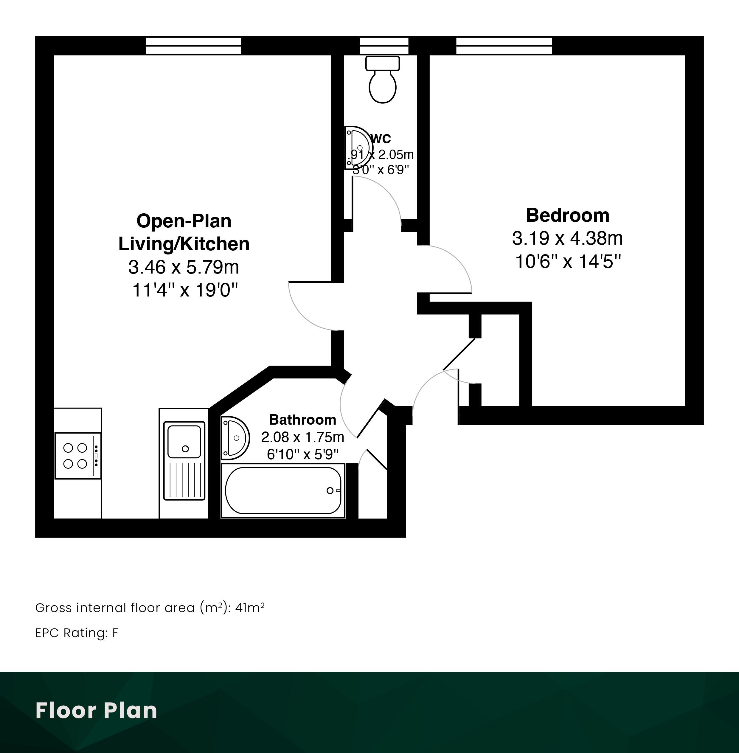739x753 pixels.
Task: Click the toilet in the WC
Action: [x=383, y=80]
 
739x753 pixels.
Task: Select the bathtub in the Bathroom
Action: [x=283, y=490]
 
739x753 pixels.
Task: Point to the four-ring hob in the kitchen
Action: [x=78, y=456]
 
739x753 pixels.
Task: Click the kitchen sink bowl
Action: [x=184, y=441]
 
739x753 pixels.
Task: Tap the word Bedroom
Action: [x=567, y=215]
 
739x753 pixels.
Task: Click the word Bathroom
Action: [x=303, y=420]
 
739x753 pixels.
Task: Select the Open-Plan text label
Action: [x=184, y=221]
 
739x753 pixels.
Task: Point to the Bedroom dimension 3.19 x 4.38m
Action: [x=567, y=238]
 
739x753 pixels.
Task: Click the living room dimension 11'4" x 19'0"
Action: [x=185, y=290]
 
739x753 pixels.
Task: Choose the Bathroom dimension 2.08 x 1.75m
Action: [x=303, y=437]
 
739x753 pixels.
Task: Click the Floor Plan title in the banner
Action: [x=96, y=710]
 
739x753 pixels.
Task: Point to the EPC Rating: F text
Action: [x=77, y=633]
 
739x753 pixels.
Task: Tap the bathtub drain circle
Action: [x=330, y=490]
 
